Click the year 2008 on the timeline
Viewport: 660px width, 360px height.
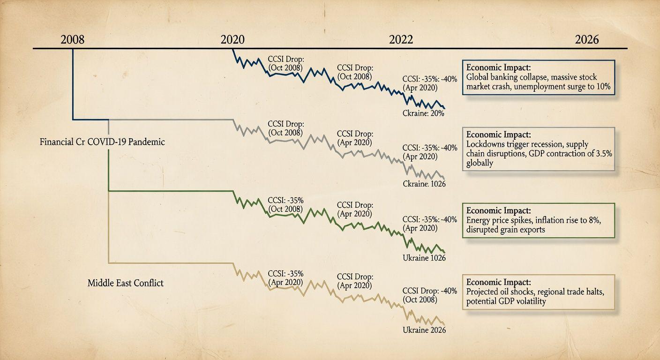(73, 39)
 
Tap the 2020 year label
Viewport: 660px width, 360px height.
(232, 39)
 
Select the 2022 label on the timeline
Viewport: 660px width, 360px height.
(401, 39)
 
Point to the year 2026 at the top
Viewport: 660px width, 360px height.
(587, 39)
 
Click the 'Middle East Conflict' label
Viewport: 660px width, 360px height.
(126, 283)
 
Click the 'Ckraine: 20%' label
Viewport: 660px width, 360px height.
(423, 113)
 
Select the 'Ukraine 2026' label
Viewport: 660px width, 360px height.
(424, 330)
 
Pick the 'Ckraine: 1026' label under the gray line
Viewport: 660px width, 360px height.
(424, 184)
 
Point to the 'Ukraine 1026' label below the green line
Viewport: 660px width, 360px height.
(424, 258)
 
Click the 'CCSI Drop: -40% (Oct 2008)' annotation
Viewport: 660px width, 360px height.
(429, 295)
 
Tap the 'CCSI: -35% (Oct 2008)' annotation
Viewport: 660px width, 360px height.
(286, 204)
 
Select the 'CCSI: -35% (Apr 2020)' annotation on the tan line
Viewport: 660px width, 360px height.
(286, 278)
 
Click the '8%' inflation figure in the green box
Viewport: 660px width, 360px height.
(594, 220)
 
